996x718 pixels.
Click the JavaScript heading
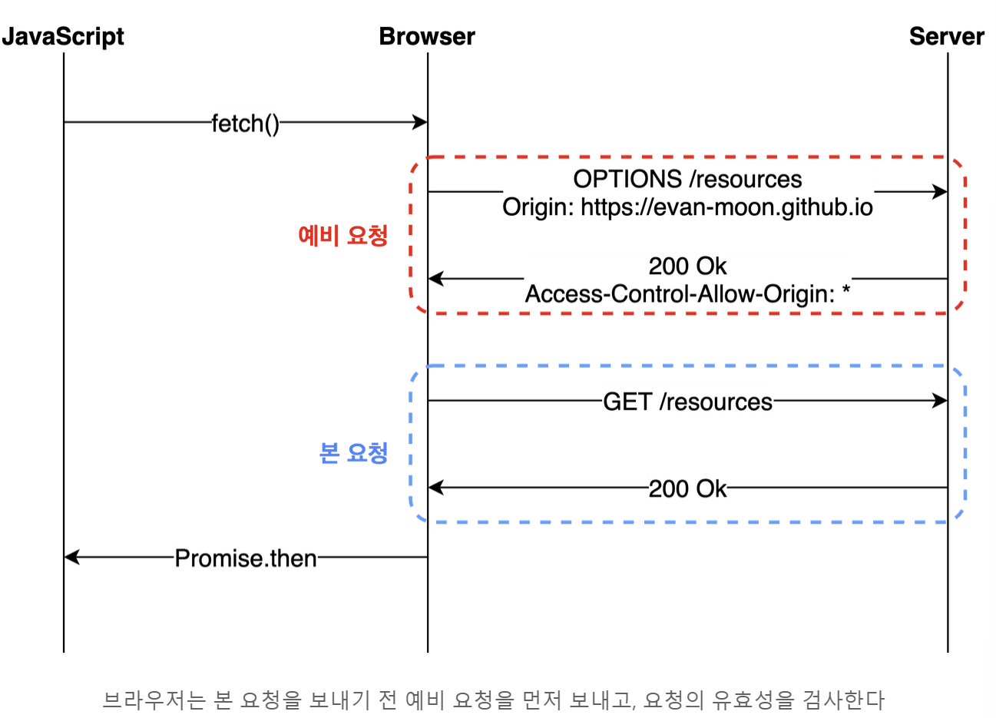point(63,37)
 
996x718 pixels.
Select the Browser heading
point(427,37)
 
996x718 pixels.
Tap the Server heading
point(946,37)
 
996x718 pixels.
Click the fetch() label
point(246,123)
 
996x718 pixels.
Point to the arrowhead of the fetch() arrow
point(420,122)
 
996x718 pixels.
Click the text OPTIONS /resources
point(687,179)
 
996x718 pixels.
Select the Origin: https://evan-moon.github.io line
point(687,207)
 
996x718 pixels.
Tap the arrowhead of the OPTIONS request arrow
point(940,192)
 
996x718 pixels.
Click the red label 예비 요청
point(342,235)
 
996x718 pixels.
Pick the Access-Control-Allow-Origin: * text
point(687,294)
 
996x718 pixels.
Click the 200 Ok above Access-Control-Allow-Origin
point(687,266)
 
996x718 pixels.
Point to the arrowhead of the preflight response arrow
point(435,278)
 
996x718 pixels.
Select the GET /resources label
point(687,402)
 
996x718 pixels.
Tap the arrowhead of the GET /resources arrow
point(940,400)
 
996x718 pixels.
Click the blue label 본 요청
point(353,453)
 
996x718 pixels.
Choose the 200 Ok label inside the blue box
point(687,488)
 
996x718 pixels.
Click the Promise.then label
point(246,558)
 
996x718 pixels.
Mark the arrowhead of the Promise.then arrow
point(71,557)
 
